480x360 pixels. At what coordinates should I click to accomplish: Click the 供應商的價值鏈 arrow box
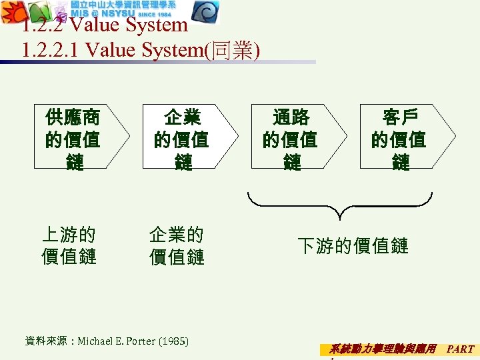(74, 139)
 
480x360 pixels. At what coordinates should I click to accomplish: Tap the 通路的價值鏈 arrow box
(291, 139)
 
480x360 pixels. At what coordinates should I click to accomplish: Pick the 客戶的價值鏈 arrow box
(400, 139)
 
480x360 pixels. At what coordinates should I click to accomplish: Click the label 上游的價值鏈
(69, 245)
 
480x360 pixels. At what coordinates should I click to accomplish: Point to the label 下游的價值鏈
(353, 245)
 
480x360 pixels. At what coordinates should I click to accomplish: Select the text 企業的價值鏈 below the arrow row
(177, 245)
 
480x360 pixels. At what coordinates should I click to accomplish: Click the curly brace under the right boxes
(340, 204)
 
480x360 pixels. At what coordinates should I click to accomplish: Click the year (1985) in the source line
(173, 341)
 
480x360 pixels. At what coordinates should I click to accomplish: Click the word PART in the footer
(460, 349)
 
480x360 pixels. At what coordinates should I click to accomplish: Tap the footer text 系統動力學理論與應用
(383, 349)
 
